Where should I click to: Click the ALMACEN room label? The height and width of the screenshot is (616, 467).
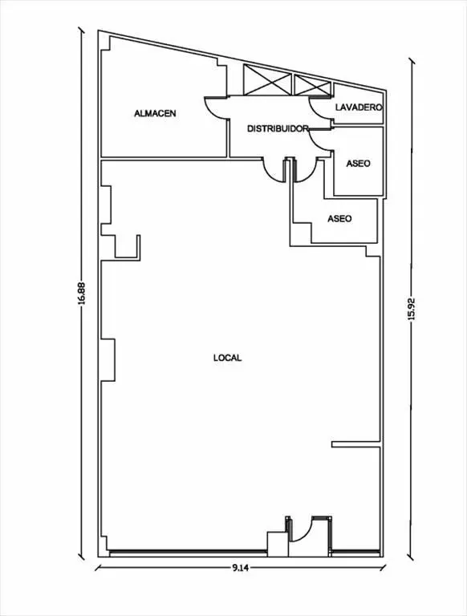tap(155, 114)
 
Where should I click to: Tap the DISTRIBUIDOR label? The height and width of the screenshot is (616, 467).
tap(278, 128)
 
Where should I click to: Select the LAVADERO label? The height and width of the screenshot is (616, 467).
tap(359, 107)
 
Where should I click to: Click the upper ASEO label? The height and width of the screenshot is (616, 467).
tap(358, 163)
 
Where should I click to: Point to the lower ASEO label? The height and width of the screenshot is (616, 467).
tap(339, 218)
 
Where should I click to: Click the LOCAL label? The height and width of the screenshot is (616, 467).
tap(227, 358)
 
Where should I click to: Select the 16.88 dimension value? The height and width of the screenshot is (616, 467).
tap(81, 293)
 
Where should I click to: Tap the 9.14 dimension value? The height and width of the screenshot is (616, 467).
tap(241, 568)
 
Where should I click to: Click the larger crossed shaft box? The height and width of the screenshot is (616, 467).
tap(267, 79)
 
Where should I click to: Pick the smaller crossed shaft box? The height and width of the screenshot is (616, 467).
tap(312, 85)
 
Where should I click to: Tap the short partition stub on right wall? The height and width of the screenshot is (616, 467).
tap(355, 444)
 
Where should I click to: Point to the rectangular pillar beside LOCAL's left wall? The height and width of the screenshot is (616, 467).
tap(108, 359)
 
